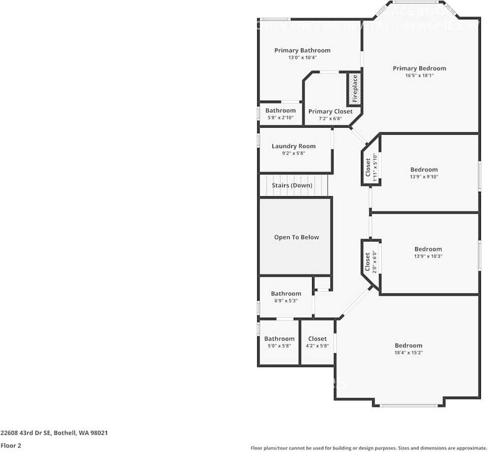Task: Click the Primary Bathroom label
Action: [302, 50]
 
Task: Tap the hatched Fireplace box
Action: [355, 88]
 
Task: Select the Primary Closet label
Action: [330, 111]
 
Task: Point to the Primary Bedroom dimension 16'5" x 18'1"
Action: [419, 75]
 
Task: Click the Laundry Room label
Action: [293, 146]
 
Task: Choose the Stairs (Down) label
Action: [292, 186]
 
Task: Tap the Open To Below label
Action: [296, 237]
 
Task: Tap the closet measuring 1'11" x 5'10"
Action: [371, 168]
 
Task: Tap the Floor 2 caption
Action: [11, 445]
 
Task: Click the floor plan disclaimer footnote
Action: [369, 448]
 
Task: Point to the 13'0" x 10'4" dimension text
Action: [302, 57]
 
